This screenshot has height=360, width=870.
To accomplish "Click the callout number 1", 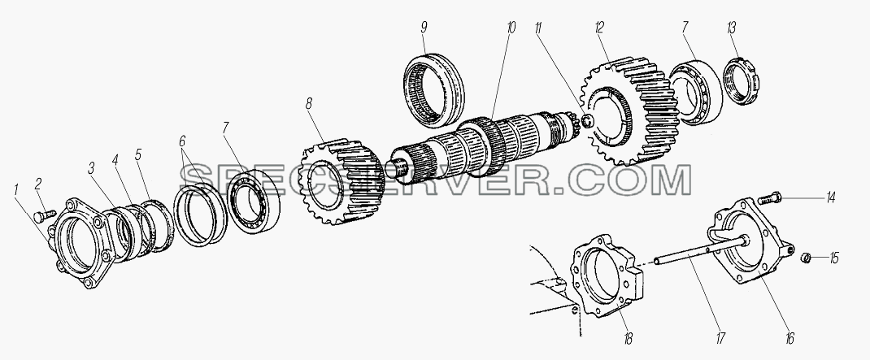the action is click(16, 191).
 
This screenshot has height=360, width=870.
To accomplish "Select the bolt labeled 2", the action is click(44, 215).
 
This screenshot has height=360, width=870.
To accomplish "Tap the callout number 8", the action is click(308, 104).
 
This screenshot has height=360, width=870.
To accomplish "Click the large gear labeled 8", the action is click(341, 181).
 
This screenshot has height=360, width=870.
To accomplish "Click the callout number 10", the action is click(511, 28).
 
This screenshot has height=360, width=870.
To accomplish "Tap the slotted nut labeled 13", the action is click(742, 81).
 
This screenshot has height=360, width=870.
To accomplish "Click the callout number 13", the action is click(732, 28).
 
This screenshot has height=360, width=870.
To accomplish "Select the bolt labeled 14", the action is click(768, 197).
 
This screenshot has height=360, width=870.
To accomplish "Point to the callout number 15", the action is click(834, 258).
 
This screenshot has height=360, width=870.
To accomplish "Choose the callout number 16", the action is click(790, 337).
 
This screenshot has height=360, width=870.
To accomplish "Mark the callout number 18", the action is click(628, 338).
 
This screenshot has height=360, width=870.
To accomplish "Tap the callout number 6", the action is click(182, 141).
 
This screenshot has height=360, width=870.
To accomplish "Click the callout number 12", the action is click(599, 28).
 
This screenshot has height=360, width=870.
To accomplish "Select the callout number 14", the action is click(830, 197).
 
